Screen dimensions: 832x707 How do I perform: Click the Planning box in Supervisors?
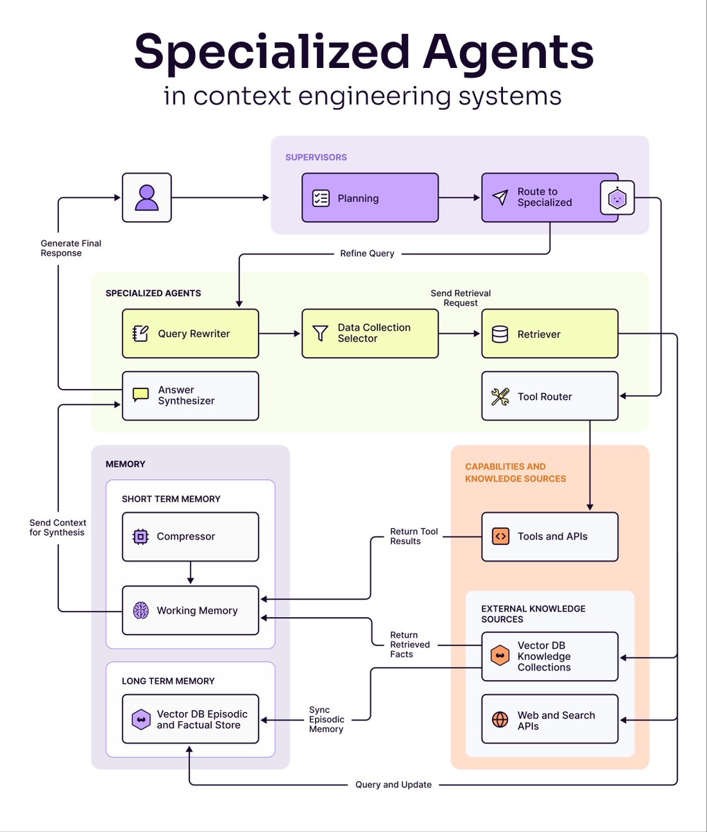(370, 198)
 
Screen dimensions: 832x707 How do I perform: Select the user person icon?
(146, 198)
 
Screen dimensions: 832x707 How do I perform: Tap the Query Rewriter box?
(190, 333)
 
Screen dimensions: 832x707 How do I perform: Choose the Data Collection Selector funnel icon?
(320, 333)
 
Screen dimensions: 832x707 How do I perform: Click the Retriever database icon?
(500, 334)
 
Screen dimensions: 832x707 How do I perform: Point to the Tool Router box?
(550, 396)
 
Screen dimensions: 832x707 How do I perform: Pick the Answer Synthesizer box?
(190, 396)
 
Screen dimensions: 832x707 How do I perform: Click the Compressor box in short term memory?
(190, 537)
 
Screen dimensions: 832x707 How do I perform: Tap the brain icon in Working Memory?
(141, 611)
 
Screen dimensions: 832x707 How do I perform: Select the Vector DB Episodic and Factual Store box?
(190, 719)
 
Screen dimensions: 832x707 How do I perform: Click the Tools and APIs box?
(550, 537)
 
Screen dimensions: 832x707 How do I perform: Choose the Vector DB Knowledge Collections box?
(550, 656)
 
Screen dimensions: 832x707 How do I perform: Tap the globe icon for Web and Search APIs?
(500, 719)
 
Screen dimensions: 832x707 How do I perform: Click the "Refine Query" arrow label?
(367, 254)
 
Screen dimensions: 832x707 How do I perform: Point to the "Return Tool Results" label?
(414, 536)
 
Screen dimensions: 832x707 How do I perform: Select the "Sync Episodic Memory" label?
(326, 719)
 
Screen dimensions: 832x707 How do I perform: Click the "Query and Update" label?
(393, 785)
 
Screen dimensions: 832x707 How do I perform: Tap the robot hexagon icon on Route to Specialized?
(617, 199)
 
